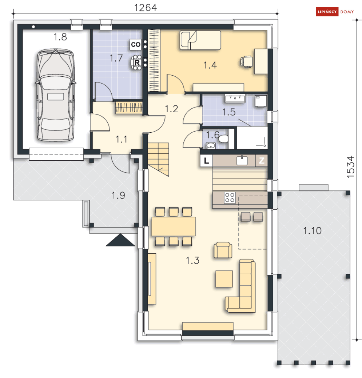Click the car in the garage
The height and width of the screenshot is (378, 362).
coord(56,95)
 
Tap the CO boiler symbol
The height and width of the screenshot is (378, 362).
coord(136,44)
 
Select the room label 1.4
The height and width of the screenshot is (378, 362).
coord(210,65)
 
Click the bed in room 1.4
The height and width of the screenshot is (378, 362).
coord(200,40)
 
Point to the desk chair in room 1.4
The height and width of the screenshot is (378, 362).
coord(247,62)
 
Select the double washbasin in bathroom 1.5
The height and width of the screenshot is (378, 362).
coord(235,98)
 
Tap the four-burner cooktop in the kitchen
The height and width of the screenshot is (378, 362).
coord(230,198)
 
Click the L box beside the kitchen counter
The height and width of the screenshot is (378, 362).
coord(206,161)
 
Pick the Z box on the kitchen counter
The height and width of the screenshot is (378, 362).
coord(262,161)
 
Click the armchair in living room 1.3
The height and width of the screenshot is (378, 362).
coord(223,250)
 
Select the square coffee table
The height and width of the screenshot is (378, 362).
coord(224,279)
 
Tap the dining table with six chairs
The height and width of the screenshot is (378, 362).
coord(174,226)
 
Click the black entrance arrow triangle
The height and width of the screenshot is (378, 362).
coord(120,240)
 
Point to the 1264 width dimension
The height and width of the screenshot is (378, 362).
coord(145,8)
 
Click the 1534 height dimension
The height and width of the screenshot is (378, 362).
coord(351,167)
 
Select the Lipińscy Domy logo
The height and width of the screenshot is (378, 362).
coord(335,12)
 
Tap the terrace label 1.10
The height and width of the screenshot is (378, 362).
coord(312,231)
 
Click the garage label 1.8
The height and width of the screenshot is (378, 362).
coord(60,37)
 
